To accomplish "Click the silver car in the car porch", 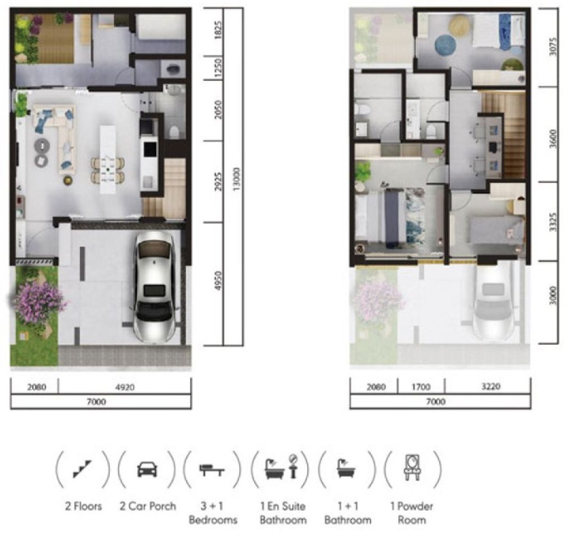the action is point(154,288).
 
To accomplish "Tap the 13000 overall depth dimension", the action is point(237,179).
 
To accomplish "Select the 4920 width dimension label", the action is point(125,387).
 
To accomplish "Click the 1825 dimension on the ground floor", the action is point(218,30).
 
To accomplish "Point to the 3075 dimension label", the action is point(553,47).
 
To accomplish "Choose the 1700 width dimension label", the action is point(422,387).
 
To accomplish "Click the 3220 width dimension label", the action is point(491,386).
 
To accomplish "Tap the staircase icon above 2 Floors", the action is point(82,469).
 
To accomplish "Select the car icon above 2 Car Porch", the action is point(147,469).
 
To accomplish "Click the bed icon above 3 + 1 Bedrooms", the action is point(212,470).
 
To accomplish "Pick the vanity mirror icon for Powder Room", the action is point(413,467).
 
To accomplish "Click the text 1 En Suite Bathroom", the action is point(283,513).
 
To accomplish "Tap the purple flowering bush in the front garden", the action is point(39,300).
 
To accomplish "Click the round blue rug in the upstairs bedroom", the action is point(446,45).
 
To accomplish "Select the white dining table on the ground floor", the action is point(108,160).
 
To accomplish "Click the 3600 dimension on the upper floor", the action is point(553,138).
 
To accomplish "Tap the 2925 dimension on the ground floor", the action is point(218,181).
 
